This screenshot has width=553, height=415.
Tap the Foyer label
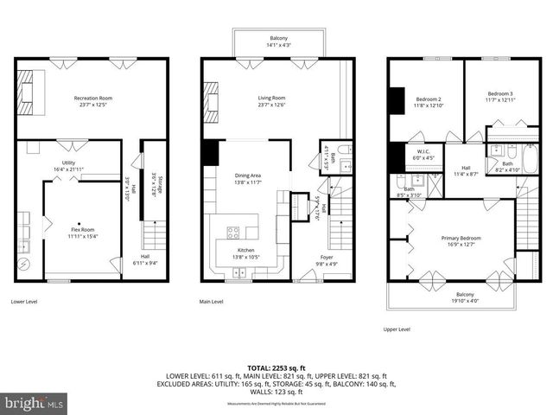click(x=326, y=259)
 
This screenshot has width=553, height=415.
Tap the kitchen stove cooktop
click(x=233, y=232)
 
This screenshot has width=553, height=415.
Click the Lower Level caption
click(x=29, y=302)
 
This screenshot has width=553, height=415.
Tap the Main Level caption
click(x=212, y=302)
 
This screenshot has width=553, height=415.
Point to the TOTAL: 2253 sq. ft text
click(x=277, y=367)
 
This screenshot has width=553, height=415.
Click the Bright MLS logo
click(x=35, y=403)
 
